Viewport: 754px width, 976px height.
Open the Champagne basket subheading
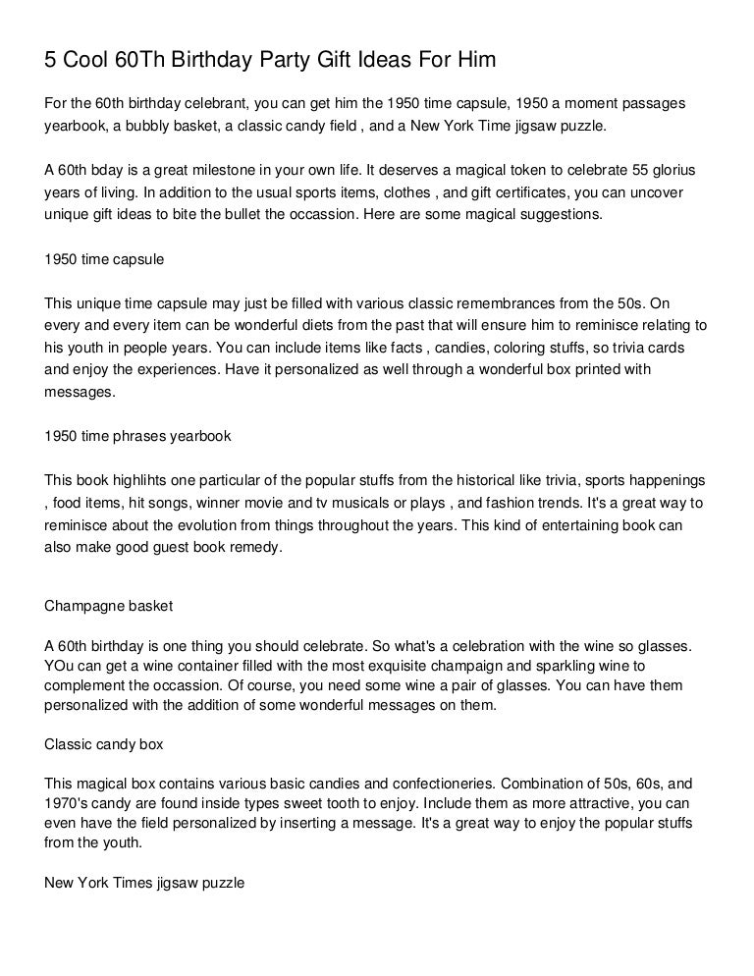(x=109, y=606)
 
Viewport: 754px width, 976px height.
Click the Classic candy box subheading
(x=104, y=744)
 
